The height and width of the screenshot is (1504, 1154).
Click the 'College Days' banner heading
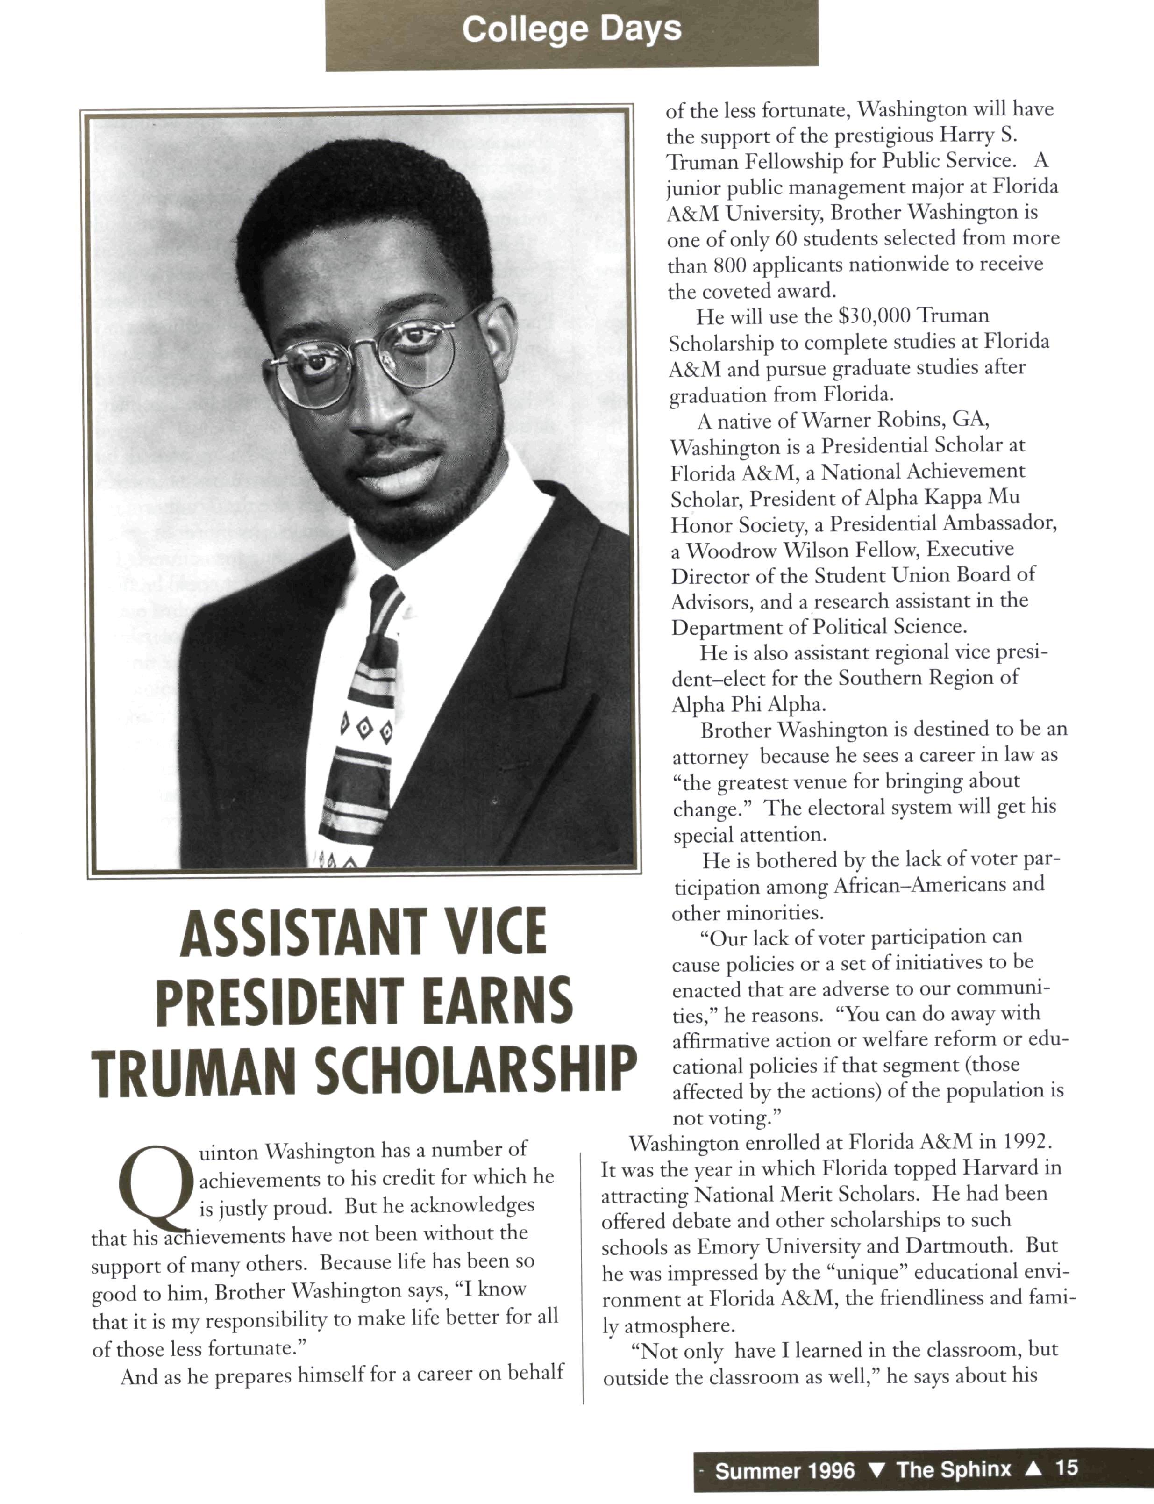(571, 29)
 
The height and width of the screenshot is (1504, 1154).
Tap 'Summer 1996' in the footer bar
(784, 1469)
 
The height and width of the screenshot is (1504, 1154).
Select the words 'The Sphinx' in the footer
(954, 1468)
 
